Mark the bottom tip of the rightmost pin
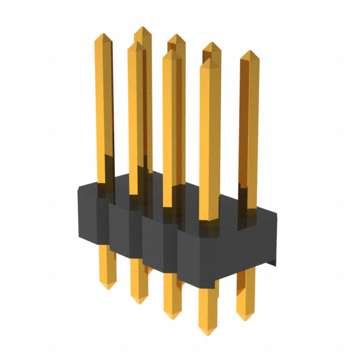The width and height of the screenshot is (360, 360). click(x=245, y=318)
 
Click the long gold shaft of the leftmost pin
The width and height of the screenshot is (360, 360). click(x=104, y=112)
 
